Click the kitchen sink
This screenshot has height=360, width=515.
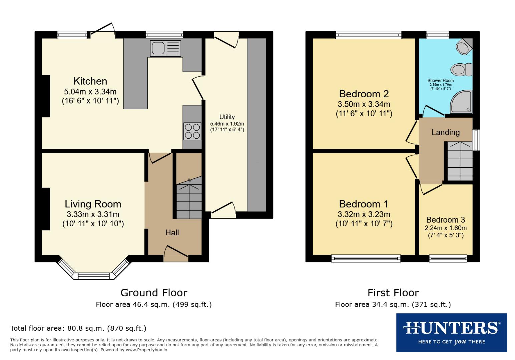tap(165, 48)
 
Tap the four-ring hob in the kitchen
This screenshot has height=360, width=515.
tap(192, 131)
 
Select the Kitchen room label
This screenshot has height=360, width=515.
tap(90, 81)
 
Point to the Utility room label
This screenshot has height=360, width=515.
tap(227, 117)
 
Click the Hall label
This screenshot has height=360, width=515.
tap(172, 233)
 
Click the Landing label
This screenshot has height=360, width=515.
tap(445, 132)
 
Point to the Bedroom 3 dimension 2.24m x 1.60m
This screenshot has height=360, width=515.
tap(445, 228)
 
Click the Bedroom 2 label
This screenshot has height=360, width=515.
tap(364, 94)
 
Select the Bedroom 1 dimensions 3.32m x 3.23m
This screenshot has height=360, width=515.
tap(364, 214)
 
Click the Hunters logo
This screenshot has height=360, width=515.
tap(451, 332)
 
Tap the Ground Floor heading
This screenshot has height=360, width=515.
tap(153, 293)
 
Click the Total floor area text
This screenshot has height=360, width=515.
tap(78, 328)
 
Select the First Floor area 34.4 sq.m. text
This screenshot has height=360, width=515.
tap(393, 304)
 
